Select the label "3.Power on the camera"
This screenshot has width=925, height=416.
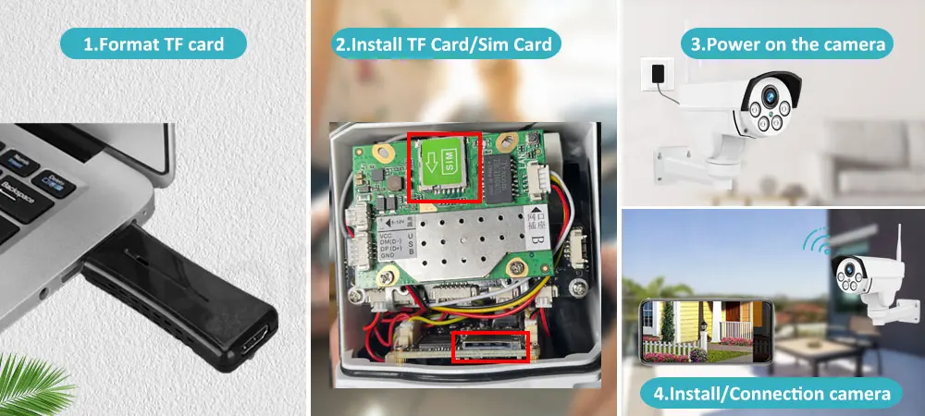[786, 43]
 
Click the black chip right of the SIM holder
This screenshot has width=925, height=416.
[500, 171]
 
